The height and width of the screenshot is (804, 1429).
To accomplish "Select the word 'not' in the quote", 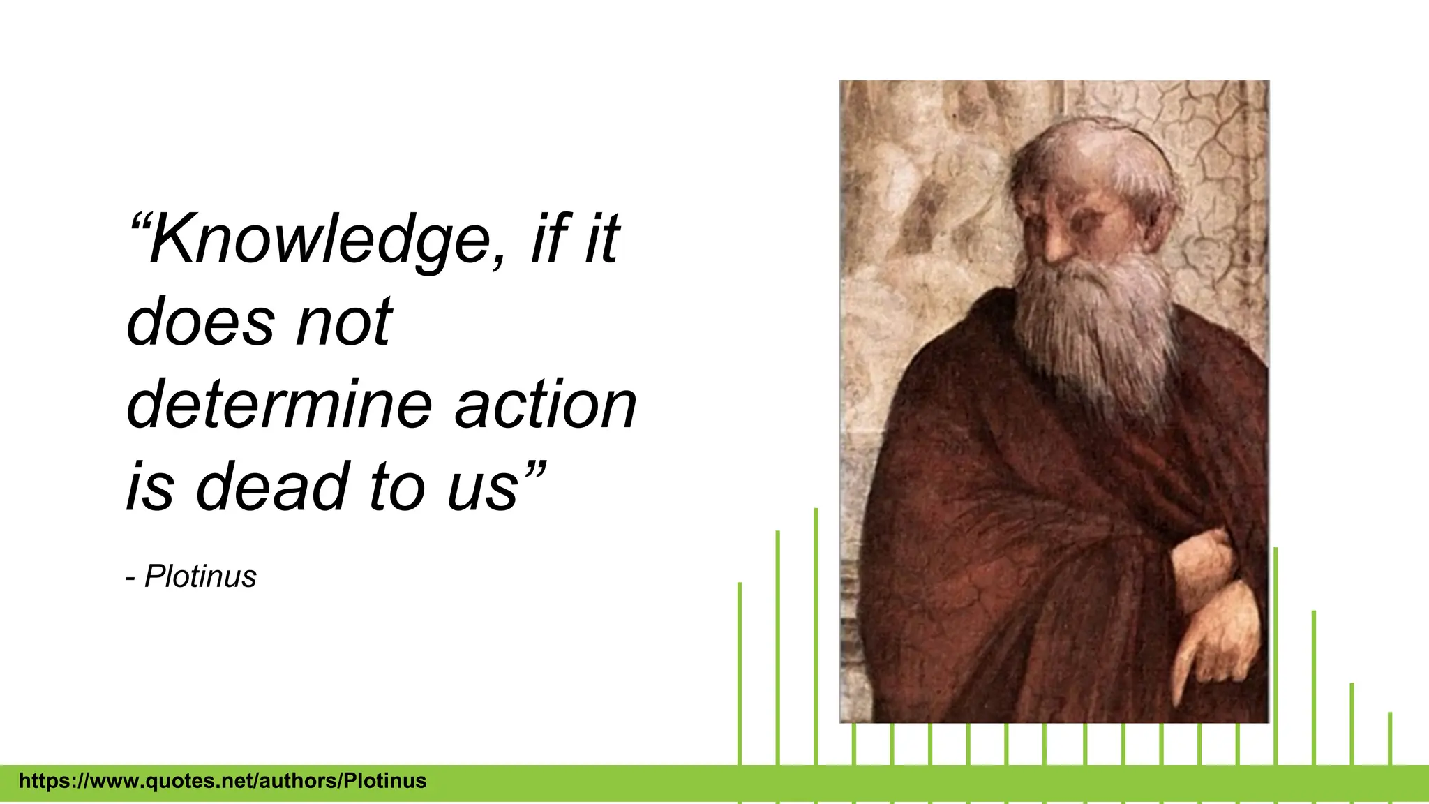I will click(344, 322).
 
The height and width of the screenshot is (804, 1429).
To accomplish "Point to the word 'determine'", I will click(279, 405).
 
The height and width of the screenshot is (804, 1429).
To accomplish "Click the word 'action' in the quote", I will click(546, 405).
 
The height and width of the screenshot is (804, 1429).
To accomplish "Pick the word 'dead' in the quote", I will click(272, 486).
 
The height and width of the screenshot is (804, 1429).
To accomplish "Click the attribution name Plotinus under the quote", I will click(200, 576).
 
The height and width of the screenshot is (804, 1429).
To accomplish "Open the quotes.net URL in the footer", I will click(223, 780).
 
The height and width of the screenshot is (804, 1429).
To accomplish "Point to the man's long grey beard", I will click(1095, 328).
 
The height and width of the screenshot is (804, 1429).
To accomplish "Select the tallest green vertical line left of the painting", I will click(816, 628).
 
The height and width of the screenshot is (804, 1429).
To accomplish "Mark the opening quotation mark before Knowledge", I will click(140, 223).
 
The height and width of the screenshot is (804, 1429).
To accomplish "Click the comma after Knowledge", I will click(497, 260).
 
